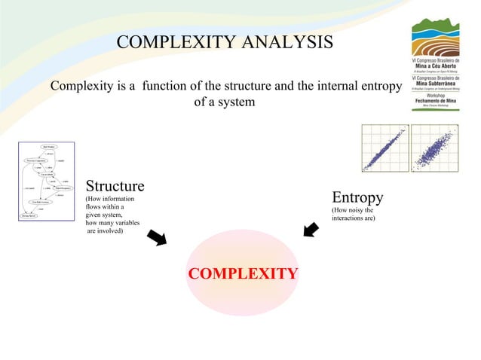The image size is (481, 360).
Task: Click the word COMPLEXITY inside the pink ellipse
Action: click(242, 273)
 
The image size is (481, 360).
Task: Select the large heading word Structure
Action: click(115, 186)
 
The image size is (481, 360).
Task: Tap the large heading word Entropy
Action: click(357, 197)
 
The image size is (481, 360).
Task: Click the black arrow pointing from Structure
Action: click(158, 237)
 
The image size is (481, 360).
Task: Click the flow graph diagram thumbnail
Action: click(47, 181)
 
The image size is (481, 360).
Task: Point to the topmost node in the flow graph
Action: click(49, 147)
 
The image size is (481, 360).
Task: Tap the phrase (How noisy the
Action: click(352, 210)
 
